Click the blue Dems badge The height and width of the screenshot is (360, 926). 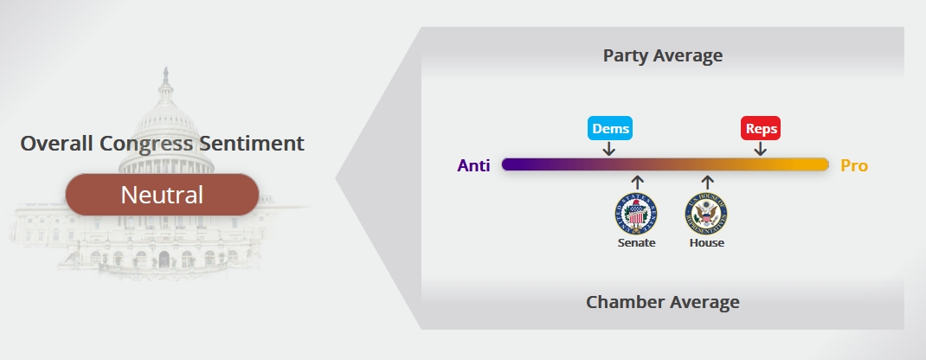click(x=610, y=128)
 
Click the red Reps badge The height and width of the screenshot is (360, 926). click(x=761, y=128)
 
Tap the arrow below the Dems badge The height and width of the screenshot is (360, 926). click(x=609, y=149)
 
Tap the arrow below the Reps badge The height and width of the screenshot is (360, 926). click(x=761, y=149)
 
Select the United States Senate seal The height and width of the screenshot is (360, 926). click(x=636, y=214)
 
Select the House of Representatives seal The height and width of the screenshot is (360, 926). click(x=706, y=214)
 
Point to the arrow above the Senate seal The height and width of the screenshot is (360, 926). click(x=637, y=183)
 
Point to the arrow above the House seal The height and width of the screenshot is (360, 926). click(x=708, y=183)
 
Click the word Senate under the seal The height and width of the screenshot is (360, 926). click(x=637, y=242)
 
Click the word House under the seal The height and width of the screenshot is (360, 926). click(x=707, y=242)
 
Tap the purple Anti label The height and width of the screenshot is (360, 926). click(x=473, y=166)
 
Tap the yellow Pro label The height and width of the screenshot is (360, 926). click(x=854, y=166)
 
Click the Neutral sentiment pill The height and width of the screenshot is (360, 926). click(x=162, y=195)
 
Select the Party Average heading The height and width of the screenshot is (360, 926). click(x=663, y=55)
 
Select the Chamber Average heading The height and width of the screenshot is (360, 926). click(x=663, y=301)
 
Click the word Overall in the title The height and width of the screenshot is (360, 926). click(x=57, y=144)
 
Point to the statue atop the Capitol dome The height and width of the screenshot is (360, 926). click(x=166, y=75)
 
